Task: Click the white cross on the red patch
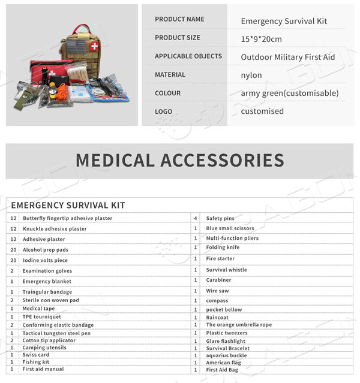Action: click(94, 46)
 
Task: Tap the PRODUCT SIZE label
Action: click(178, 38)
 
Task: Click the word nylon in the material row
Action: click(251, 76)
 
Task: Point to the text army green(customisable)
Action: click(289, 94)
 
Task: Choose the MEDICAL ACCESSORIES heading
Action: click(180, 160)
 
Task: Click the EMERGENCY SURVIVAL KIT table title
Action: click(68, 205)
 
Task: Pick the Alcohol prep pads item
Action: click(46, 249)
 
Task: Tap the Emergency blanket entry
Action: click(47, 281)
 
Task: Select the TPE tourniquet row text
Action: click(42, 316)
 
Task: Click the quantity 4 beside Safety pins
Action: click(196, 218)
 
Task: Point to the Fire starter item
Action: click(220, 258)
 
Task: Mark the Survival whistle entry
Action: click(226, 270)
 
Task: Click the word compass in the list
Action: click(217, 300)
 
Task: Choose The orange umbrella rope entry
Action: click(239, 324)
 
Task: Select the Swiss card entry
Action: click(36, 354)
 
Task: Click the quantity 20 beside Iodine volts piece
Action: click(13, 260)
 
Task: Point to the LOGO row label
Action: click(163, 111)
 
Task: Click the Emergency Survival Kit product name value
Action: click(284, 22)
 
